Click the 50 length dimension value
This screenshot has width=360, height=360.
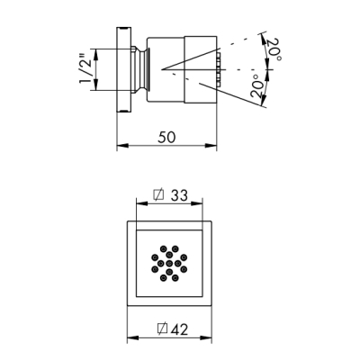click(166, 137)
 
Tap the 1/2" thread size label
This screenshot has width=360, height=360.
click(87, 69)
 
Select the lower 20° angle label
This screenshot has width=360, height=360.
click(257, 86)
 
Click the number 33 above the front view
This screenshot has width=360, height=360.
click(179, 195)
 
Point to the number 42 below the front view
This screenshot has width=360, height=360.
click(179, 329)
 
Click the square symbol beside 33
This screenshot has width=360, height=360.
click(159, 194)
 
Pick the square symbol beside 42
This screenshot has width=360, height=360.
click(162, 328)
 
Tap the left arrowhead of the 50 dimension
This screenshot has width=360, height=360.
click(122, 146)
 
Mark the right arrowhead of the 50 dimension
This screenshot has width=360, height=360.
click(211, 146)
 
